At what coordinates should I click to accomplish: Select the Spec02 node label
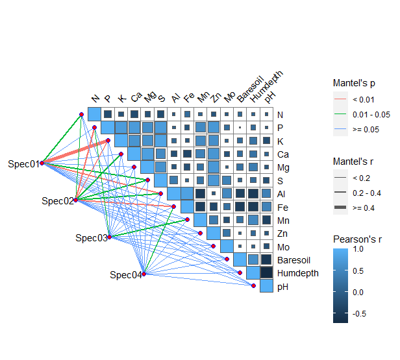point(57,200)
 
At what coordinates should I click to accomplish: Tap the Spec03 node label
point(91,237)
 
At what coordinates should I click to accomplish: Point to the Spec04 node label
point(125,274)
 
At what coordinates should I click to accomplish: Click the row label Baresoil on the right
point(295,259)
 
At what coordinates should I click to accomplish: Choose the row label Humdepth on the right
point(298,273)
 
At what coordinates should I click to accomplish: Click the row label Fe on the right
point(282,207)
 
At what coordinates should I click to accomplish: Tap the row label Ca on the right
point(282,154)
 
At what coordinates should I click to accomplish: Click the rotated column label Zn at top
point(217,97)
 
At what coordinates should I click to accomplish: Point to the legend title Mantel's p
point(355,83)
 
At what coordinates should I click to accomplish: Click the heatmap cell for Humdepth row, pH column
point(266,273)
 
